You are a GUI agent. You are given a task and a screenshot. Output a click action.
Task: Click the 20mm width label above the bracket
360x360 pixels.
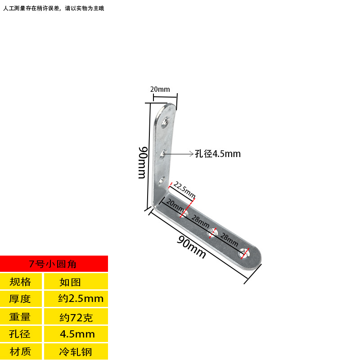pos(160,89)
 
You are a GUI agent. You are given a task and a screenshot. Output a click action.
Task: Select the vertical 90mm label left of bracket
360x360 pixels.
pos(142,162)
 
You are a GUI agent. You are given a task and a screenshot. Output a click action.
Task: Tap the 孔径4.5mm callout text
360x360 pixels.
pos(218,154)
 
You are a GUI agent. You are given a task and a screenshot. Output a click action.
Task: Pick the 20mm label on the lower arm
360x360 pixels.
pos(175,206)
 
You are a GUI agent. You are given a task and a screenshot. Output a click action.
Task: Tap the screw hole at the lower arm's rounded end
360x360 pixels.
pos(246,254)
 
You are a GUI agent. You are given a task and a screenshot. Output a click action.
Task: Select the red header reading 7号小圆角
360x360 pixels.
pos(54,264)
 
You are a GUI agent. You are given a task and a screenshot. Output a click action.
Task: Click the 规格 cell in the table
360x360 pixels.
pos(21,282)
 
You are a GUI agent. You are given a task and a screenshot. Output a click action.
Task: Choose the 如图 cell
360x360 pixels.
pos(70,282)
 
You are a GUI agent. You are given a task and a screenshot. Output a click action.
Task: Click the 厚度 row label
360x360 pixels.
pos(21,298)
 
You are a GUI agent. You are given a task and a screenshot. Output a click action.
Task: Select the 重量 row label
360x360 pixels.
pos(21,317)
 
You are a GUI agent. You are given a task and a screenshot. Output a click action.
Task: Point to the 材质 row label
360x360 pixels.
pos(21,351)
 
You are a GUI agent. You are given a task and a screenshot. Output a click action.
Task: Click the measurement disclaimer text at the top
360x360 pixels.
pos(54,8)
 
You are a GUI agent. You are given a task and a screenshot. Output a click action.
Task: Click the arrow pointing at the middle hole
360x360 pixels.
pos(180,154)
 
